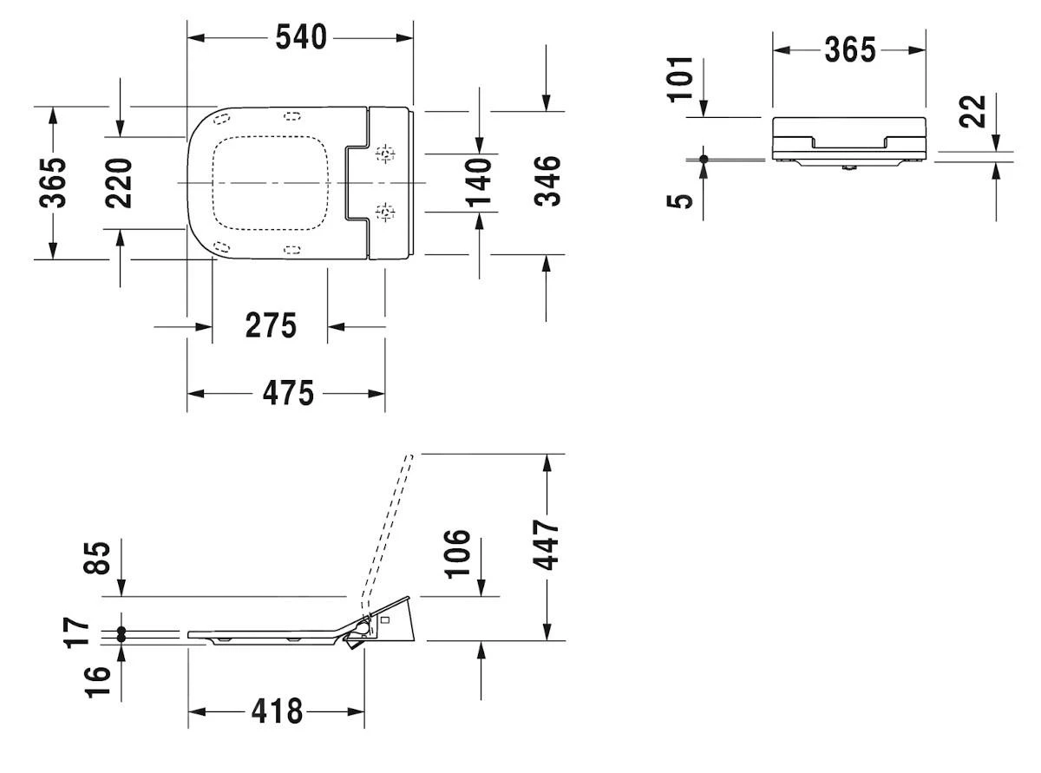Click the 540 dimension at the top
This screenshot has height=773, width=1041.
(301, 37)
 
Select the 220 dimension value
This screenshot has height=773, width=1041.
(120, 182)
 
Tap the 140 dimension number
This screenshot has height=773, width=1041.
(479, 182)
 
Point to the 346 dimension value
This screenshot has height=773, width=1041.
(547, 181)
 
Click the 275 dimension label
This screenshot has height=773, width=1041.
(270, 326)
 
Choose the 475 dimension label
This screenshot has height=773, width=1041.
(287, 393)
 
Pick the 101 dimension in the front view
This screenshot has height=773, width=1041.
(683, 78)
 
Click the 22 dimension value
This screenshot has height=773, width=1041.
(976, 111)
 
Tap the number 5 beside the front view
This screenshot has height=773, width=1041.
(684, 200)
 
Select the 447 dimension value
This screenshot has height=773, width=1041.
(547, 545)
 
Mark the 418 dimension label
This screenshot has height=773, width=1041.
(277, 711)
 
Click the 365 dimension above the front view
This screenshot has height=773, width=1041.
(849, 50)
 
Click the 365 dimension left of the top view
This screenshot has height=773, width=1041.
(55, 182)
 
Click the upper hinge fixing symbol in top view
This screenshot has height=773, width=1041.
(384, 155)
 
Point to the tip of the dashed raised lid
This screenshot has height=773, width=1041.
(410, 455)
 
